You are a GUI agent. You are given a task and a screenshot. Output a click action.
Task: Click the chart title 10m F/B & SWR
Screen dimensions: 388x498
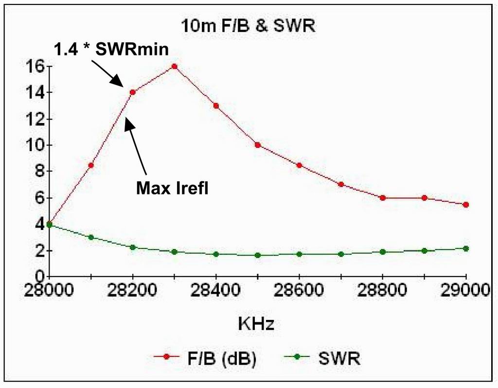click(248, 27)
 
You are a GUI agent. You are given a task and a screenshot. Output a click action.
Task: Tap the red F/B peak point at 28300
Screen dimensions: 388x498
click(174, 66)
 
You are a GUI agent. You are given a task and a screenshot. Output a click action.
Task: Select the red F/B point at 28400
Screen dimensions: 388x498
click(216, 106)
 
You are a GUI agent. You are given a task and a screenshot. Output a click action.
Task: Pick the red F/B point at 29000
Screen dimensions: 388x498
click(466, 205)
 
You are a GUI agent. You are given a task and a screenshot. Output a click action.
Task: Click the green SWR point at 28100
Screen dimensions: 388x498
click(90, 237)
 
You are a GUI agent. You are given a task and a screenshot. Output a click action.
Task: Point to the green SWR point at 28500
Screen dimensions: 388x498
click(258, 255)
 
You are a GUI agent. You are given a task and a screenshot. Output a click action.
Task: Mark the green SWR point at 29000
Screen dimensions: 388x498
click(466, 248)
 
